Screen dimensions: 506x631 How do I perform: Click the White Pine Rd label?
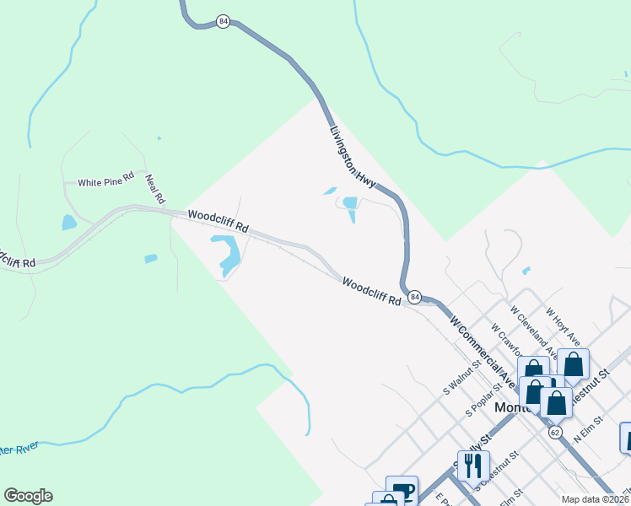(106, 181)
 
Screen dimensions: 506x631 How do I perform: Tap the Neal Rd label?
(154, 190)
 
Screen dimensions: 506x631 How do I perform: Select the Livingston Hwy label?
(352, 157)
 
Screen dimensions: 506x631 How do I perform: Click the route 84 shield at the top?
(223, 21)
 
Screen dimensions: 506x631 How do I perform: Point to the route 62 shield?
(554, 432)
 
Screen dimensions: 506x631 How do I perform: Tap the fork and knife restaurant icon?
(473, 465)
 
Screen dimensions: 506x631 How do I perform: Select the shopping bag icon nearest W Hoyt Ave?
(573, 364)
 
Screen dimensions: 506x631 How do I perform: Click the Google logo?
(28, 496)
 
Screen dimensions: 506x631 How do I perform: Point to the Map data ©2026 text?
(594, 499)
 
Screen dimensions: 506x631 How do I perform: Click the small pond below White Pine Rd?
(69, 223)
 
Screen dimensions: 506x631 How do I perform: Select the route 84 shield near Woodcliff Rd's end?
(414, 298)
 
